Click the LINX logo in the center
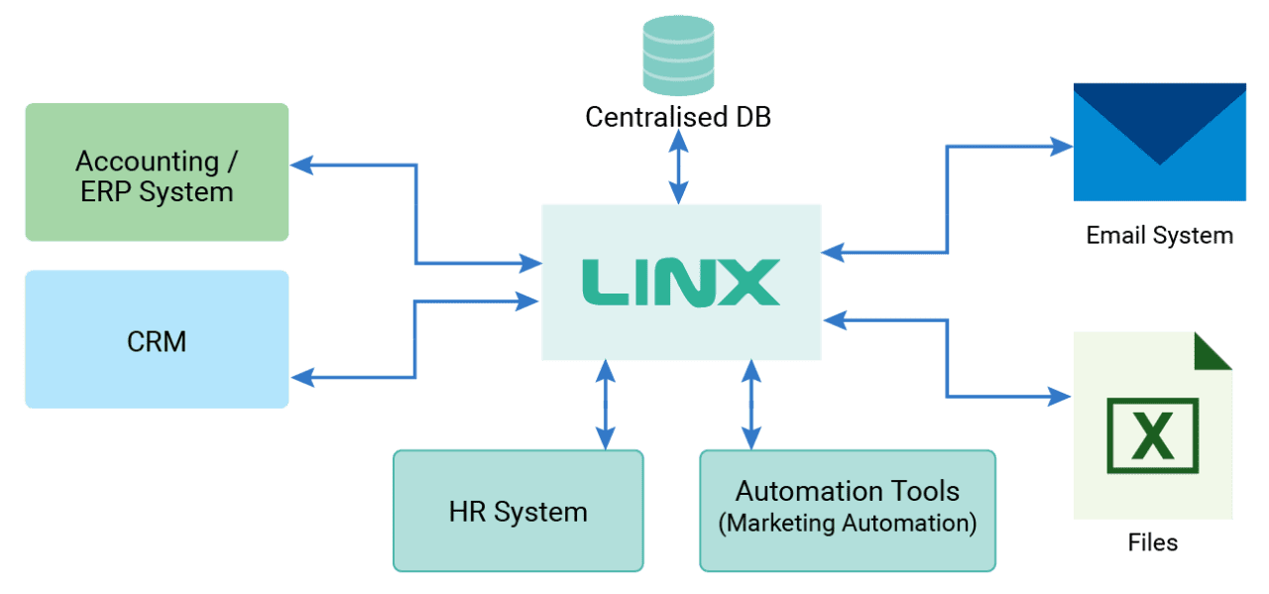click(680, 282)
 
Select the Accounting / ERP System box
click(157, 173)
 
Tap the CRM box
click(157, 340)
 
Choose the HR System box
click(518, 512)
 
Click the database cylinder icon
click(678, 56)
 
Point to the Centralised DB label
click(678, 117)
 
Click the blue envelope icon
click(1159, 142)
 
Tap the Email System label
click(1159, 235)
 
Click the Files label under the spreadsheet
click(1153, 542)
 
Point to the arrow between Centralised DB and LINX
click(679, 168)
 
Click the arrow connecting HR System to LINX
click(605, 406)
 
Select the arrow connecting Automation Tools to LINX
click(751, 406)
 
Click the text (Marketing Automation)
click(847, 524)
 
